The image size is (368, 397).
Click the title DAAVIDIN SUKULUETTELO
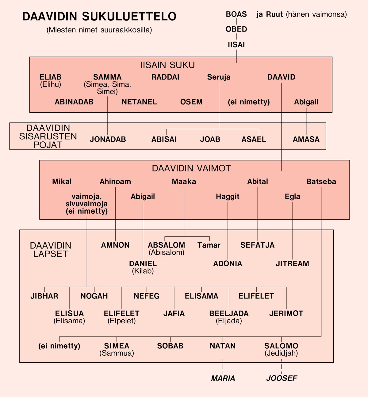99,17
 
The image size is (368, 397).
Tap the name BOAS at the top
236,14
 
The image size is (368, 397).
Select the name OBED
236,29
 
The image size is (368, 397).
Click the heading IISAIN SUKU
167,65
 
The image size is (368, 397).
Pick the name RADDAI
165,77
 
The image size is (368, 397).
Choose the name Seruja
219,77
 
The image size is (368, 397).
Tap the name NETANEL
139,102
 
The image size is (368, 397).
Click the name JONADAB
108,139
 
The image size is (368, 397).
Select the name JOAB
210,139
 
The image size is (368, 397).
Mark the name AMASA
306,139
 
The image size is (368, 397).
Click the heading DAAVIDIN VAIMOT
191,168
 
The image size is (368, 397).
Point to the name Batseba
321,182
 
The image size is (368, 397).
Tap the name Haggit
228,197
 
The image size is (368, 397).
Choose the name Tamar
209,245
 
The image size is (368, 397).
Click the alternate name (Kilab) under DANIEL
143,271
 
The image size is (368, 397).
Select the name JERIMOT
286,313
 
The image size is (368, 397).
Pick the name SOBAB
170,346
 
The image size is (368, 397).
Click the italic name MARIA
223,378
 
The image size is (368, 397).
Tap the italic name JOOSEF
282,378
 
